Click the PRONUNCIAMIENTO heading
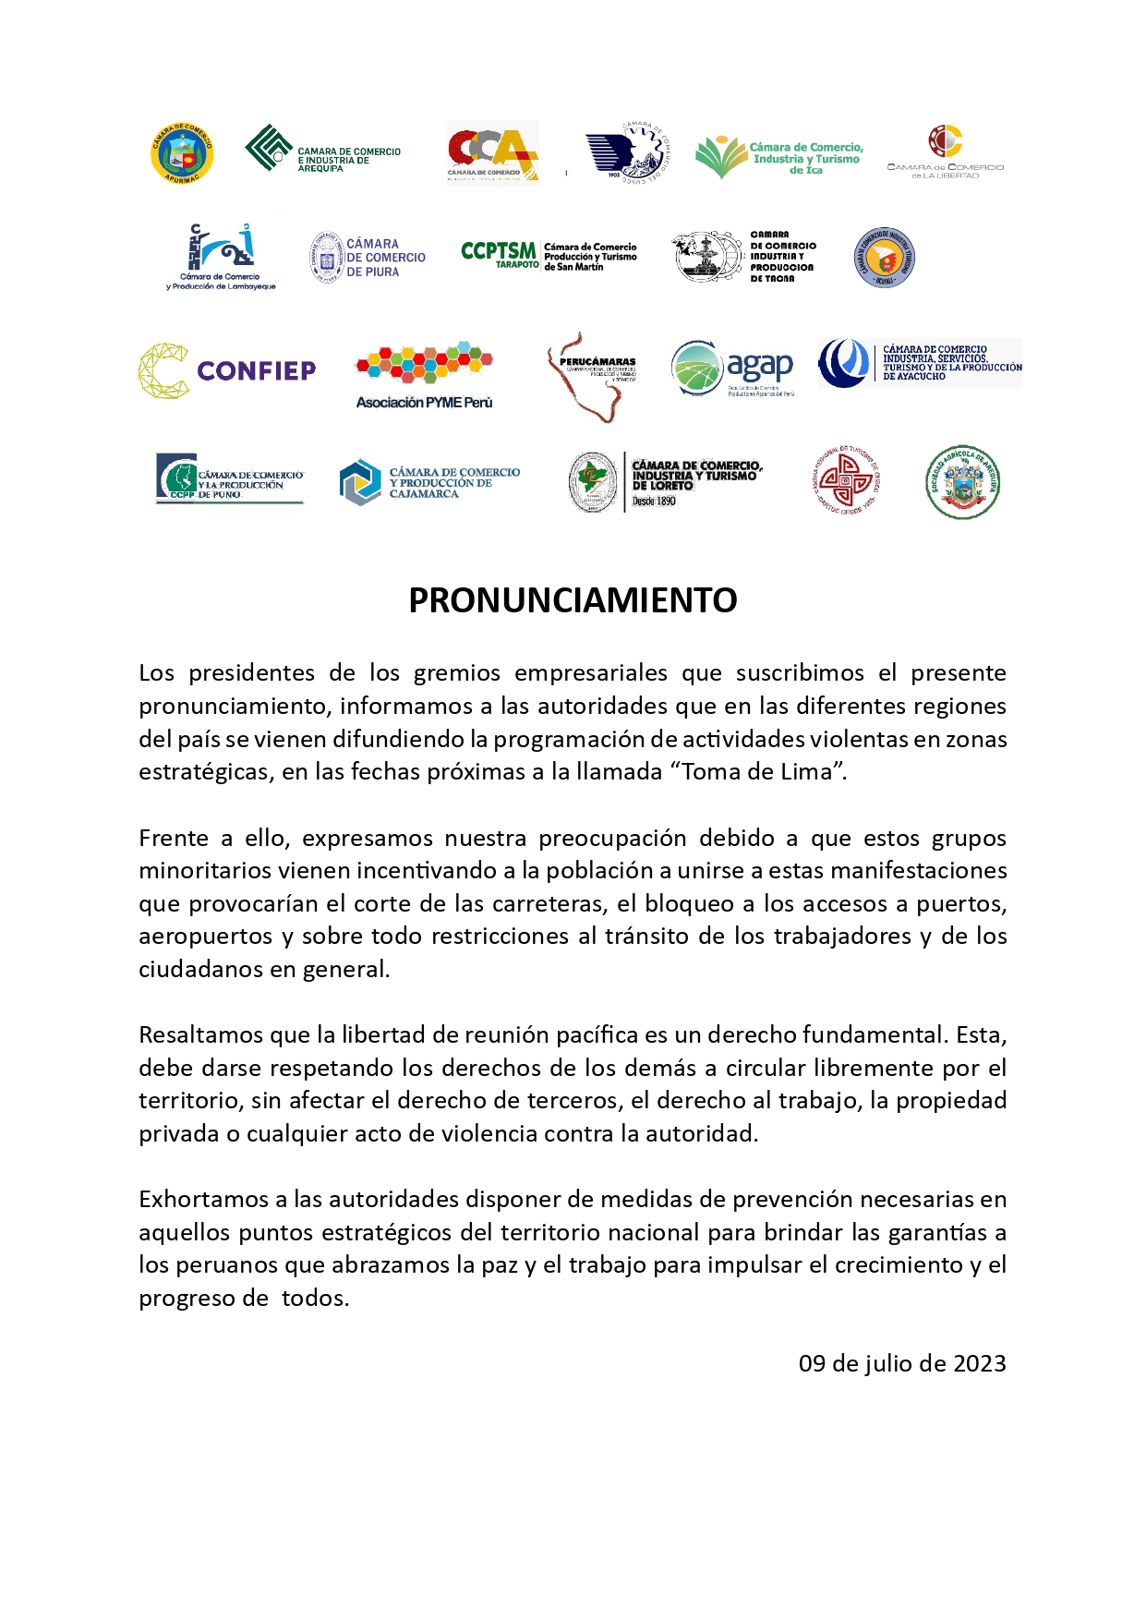[x=573, y=600]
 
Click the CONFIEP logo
[x=227, y=370]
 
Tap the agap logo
[x=732, y=368]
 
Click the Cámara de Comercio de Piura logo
[x=368, y=258]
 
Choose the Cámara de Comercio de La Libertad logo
[x=946, y=152]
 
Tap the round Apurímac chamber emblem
[x=182, y=153]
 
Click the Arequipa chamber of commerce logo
[x=322, y=150]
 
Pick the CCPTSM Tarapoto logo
[x=549, y=255]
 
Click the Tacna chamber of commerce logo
[x=743, y=256]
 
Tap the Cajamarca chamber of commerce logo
[x=429, y=482]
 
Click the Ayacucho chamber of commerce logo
[x=920, y=362]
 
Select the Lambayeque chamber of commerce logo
[x=222, y=257]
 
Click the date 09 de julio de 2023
[x=902, y=1363]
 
